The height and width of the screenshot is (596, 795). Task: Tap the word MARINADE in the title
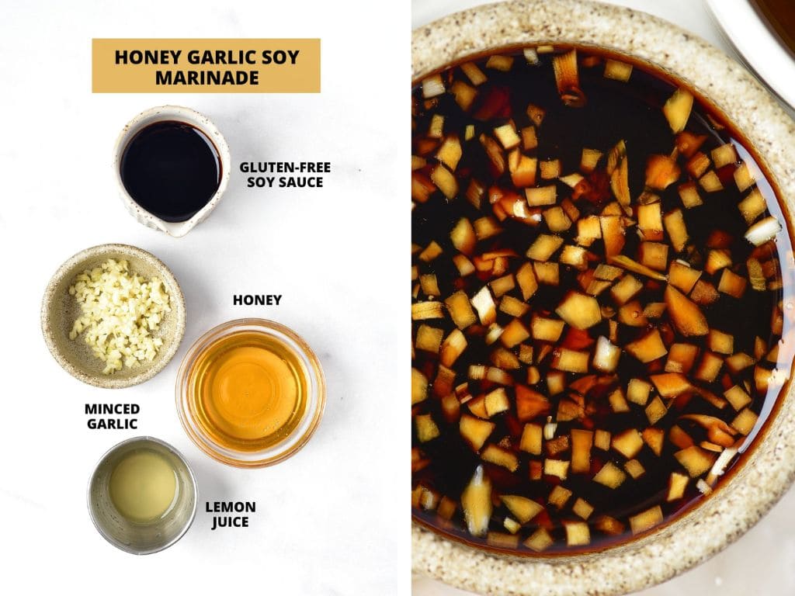click(x=206, y=78)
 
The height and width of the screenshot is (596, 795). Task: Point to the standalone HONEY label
click(x=257, y=300)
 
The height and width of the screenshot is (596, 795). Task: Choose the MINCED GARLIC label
click(x=112, y=416)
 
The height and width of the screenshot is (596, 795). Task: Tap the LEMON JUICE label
click(x=230, y=514)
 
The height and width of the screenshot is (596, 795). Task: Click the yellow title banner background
click(x=105, y=78)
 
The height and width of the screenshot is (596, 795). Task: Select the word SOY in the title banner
click(x=280, y=57)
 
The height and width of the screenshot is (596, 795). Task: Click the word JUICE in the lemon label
click(x=230, y=521)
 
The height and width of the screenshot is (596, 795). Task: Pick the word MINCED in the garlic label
click(x=112, y=409)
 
